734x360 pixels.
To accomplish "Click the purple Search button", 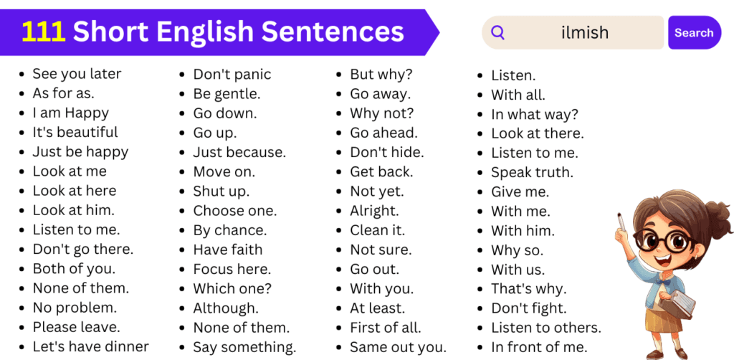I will click(694, 33).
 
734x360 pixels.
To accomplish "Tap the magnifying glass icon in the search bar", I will click(497, 33).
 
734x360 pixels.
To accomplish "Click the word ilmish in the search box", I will click(585, 33).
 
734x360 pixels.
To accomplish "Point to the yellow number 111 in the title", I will click(43, 32).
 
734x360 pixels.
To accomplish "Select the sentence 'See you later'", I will click(77, 74).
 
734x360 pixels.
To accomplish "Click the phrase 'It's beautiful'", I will click(75, 133).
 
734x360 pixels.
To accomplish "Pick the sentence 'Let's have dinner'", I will click(90, 347).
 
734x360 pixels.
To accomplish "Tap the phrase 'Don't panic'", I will click(232, 75).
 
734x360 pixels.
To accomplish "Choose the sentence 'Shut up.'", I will click(221, 191).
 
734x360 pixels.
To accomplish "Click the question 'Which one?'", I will click(232, 289).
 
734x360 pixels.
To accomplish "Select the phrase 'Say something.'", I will click(244, 348).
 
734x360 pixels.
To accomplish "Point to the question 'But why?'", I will click(381, 75).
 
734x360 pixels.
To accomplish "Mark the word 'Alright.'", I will click(374, 212).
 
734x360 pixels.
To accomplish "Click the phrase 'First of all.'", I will click(386, 328).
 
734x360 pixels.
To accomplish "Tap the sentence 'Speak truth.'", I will click(532, 173).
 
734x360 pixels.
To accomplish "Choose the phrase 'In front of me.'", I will click(539, 348).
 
